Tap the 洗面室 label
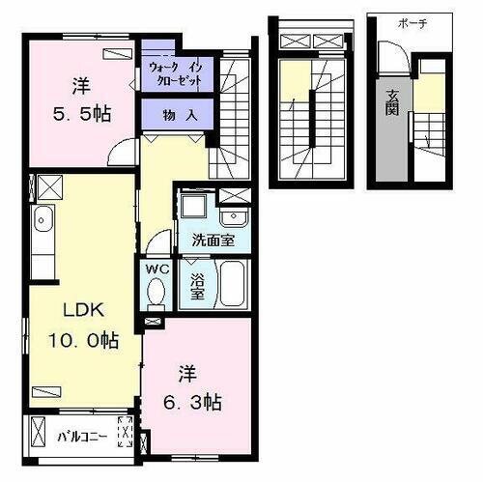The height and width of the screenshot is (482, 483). click(213, 239)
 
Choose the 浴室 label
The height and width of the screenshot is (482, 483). click(196, 287)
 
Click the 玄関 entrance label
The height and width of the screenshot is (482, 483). click(395, 101)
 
